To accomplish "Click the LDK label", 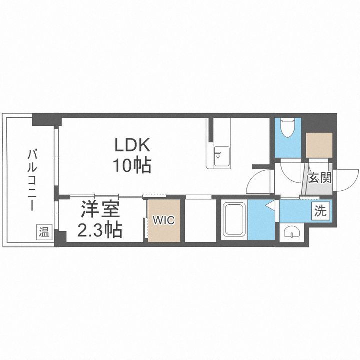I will (133, 145).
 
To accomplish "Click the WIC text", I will (164, 220).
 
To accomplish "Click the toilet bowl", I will (287, 129).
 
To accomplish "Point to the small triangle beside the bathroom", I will (269, 205).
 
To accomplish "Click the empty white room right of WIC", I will (200, 220).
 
